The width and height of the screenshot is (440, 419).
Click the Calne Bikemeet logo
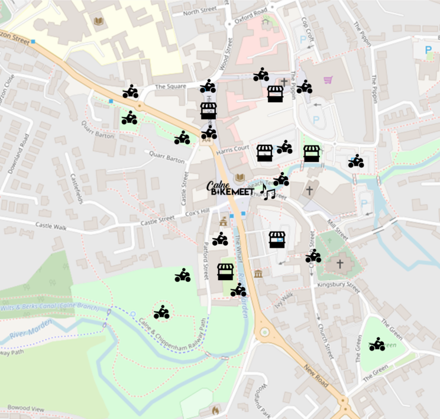pos(230,189)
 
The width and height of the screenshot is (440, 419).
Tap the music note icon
pos(268,191)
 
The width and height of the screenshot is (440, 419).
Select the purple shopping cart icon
pos(328,80)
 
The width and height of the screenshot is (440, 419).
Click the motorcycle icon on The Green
pos(377,344)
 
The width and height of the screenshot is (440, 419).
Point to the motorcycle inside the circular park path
pos(161,313)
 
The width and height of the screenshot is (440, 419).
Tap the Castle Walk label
pos(52,225)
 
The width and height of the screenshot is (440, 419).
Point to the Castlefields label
pos(76,189)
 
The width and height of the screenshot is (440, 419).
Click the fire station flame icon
pos(215,409)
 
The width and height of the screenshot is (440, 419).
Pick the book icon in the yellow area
pos(99,22)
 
